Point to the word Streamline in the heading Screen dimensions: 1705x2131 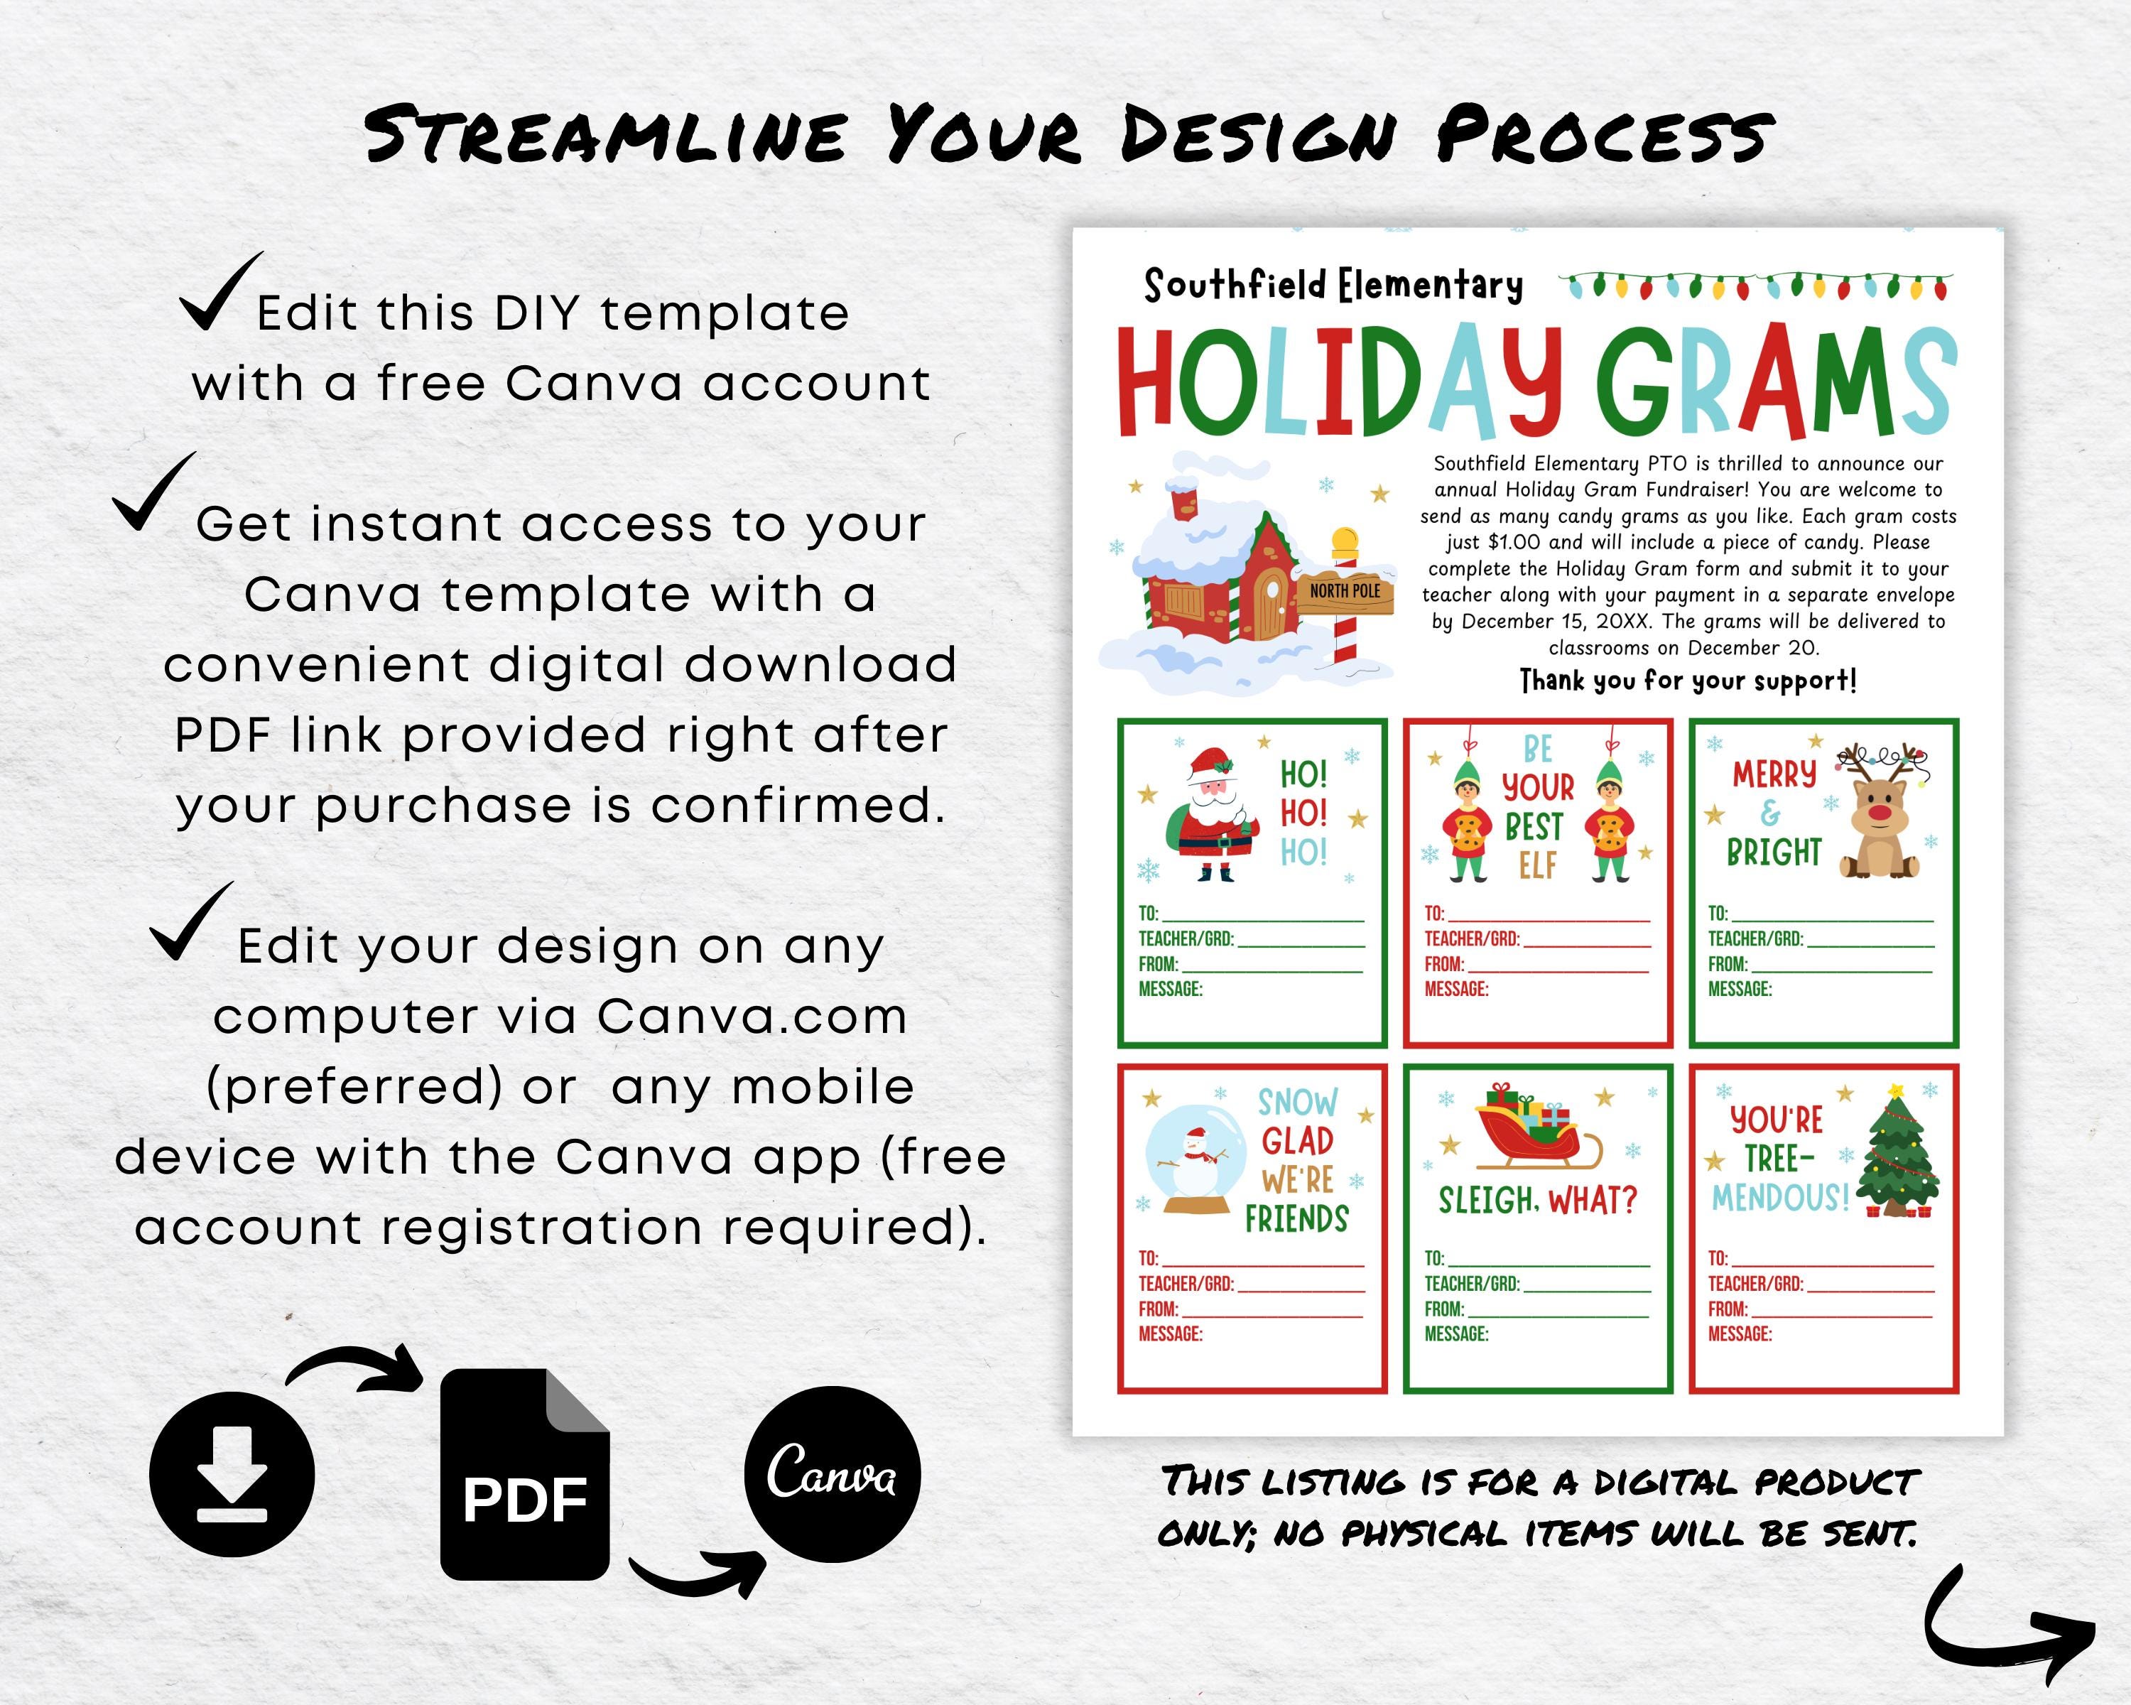605,136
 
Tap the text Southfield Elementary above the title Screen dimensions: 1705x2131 1333,286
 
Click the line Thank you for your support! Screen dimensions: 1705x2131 1688,681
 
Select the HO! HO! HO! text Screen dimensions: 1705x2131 1303,813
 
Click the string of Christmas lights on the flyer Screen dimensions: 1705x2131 1755,286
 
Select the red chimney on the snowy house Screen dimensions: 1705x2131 1183,499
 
